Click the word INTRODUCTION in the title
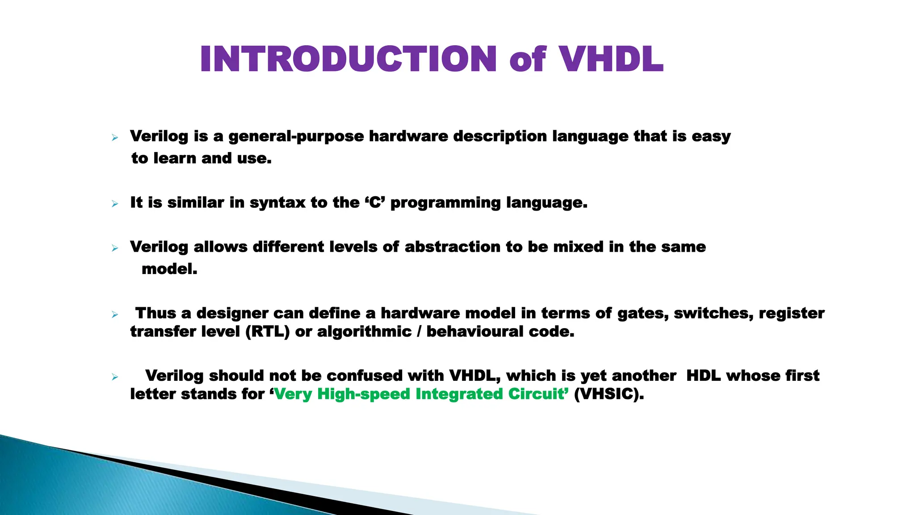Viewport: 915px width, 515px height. [x=348, y=59]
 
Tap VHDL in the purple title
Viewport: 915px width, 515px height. [x=611, y=59]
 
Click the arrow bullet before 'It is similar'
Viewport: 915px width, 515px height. [x=115, y=204]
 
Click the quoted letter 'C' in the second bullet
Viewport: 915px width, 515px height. [x=375, y=203]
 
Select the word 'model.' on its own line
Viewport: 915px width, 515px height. [x=169, y=269]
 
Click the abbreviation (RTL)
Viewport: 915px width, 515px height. [x=267, y=332]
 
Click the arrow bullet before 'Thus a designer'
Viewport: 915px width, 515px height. [x=115, y=315]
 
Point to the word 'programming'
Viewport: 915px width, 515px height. [x=445, y=203]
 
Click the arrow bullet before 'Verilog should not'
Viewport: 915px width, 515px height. [x=115, y=377]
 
